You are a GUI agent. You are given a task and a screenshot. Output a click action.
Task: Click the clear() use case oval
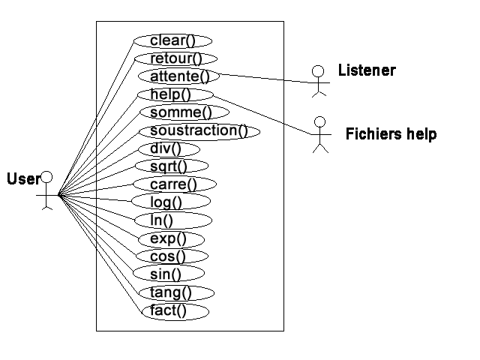click(172, 40)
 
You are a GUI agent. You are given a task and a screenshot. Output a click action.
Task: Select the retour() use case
click(175, 58)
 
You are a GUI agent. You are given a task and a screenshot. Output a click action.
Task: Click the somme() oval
click(175, 112)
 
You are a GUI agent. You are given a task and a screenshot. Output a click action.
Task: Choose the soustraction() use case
click(199, 130)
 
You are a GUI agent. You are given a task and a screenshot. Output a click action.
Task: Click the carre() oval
click(174, 184)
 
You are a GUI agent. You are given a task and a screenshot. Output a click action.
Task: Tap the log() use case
click(171, 202)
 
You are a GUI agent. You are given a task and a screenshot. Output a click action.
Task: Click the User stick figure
click(46, 191)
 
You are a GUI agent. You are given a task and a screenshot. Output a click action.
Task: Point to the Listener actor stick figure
click(318, 80)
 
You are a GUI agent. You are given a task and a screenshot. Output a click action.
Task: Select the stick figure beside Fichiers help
click(320, 134)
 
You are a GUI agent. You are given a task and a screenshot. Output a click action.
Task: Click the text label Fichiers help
click(391, 134)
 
